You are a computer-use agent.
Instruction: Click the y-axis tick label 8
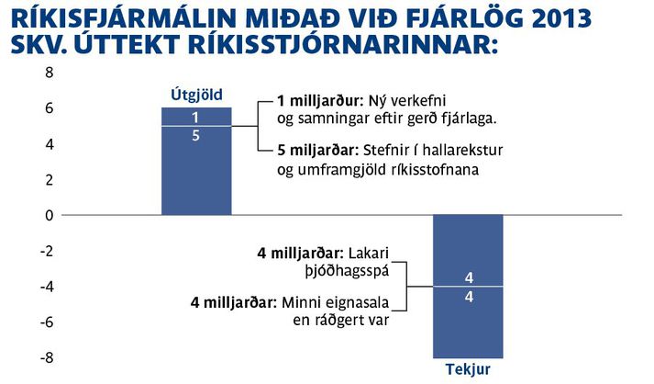(x=50, y=73)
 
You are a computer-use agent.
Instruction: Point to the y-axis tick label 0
(x=50, y=216)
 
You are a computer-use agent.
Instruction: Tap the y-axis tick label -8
(x=46, y=358)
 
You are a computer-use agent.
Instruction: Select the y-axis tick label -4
(x=46, y=288)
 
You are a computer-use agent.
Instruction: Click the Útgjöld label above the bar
(x=196, y=96)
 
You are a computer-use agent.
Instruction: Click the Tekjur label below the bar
(x=468, y=369)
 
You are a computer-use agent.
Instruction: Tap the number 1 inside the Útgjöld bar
(x=195, y=118)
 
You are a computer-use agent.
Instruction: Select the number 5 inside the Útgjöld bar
(x=195, y=136)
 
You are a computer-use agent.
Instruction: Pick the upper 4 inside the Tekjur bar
(x=469, y=277)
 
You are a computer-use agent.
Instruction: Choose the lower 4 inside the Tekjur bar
(x=469, y=297)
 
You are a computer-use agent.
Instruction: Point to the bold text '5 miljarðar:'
(x=317, y=151)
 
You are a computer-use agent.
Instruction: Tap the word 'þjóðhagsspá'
(x=347, y=272)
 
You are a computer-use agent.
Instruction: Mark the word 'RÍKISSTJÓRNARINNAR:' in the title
(x=343, y=44)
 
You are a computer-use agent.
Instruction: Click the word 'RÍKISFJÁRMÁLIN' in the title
(x=125, y=17)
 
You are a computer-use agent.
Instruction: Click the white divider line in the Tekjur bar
(x=468, y=287)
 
